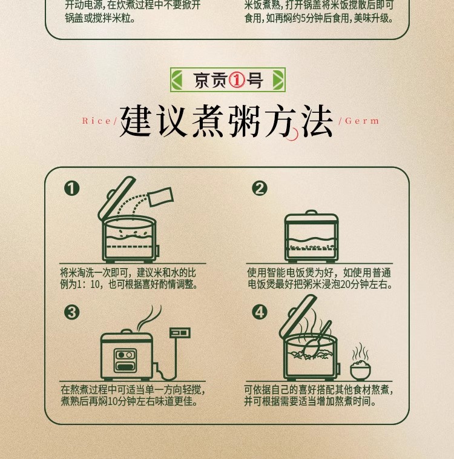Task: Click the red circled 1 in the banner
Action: [x=237, y=80]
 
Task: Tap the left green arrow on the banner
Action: [x=177, y=80]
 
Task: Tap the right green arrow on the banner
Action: [x=278, y=80]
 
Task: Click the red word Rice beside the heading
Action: [x=96, y=121]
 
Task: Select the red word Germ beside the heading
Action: [x=362, y=121]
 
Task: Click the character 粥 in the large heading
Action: [x=244, y=121]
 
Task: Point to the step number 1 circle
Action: [x=72, y=188]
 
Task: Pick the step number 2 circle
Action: [x=260, y=188]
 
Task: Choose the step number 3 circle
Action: [x=72, y=312]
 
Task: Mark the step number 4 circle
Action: [x=260, y=312]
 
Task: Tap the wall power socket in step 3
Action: [x=180, y=333]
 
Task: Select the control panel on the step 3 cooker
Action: [x=125, y=360]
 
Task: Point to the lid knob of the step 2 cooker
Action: [x=311, y=212]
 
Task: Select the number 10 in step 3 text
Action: [x=113, y=401]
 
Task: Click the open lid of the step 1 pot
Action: [x=116, y=198]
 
